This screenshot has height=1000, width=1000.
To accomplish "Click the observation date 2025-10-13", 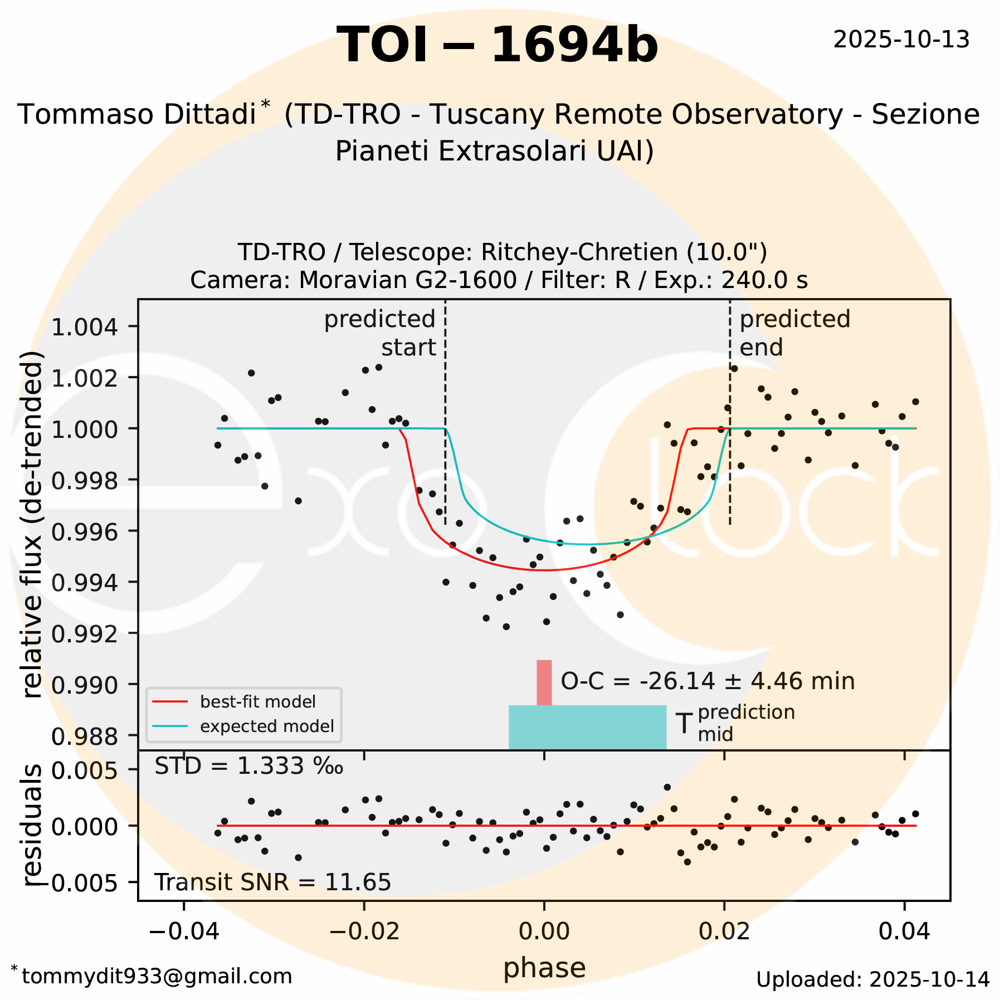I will (x=901, y=40).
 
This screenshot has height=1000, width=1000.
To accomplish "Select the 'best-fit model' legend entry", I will (x=257, y=701).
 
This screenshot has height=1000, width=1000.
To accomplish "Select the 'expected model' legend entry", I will (x=266, y=726).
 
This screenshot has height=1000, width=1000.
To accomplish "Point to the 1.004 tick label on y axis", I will (x=85, y=327).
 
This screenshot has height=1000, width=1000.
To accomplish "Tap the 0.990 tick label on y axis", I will (x=85, y=685).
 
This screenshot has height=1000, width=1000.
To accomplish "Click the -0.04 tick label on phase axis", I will (x=184, y=931).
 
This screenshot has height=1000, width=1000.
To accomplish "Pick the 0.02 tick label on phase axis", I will (x=724, y=931).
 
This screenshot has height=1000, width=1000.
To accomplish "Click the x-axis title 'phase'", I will (x=544, y=968).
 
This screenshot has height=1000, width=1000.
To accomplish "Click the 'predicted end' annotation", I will (x=794, y=333).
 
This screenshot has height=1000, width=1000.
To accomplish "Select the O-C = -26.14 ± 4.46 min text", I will (x=707, y=681).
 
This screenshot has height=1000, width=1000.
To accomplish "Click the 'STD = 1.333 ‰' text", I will (x=248, y=767).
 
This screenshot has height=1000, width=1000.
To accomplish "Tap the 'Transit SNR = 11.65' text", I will (x=272, y=882).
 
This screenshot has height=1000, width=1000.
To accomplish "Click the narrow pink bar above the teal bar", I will (x=544, y=682).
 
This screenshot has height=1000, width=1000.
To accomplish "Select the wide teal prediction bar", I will (x=587, y=727).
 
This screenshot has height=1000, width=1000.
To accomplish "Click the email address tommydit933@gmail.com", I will (x=156, y=976).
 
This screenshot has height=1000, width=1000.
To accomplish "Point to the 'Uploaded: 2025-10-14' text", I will (x=872, y=979).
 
